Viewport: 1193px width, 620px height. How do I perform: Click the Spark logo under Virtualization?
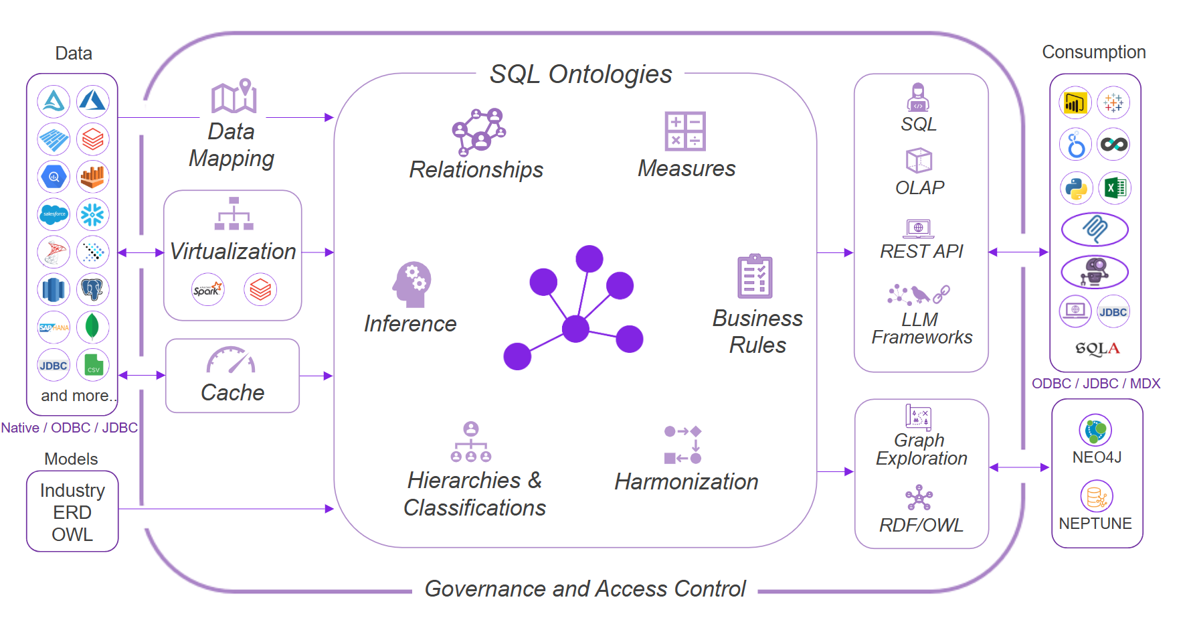207,289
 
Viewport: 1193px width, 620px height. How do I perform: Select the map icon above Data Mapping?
234,98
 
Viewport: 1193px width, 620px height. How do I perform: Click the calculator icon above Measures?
684,131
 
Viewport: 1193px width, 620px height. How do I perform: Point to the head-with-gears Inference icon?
411,284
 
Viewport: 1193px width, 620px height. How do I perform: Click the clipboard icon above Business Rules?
755,276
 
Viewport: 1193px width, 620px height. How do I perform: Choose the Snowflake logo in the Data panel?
92,214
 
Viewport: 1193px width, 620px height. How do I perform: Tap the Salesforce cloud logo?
54,214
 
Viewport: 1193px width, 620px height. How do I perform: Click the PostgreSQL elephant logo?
92,289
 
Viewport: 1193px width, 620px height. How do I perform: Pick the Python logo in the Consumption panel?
1076,187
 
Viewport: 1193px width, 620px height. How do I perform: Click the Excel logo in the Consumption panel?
1114,187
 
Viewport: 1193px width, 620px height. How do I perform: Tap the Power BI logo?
1075,103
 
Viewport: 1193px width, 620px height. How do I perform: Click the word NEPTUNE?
1095,524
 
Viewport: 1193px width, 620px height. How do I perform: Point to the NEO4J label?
1097,457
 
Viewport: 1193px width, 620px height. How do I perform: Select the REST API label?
921,251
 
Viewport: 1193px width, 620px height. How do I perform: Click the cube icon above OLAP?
919,161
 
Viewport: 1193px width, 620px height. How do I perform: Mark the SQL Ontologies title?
580,74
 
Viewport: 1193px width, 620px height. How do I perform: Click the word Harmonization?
686,481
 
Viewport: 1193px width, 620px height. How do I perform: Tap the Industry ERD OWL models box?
72,512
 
